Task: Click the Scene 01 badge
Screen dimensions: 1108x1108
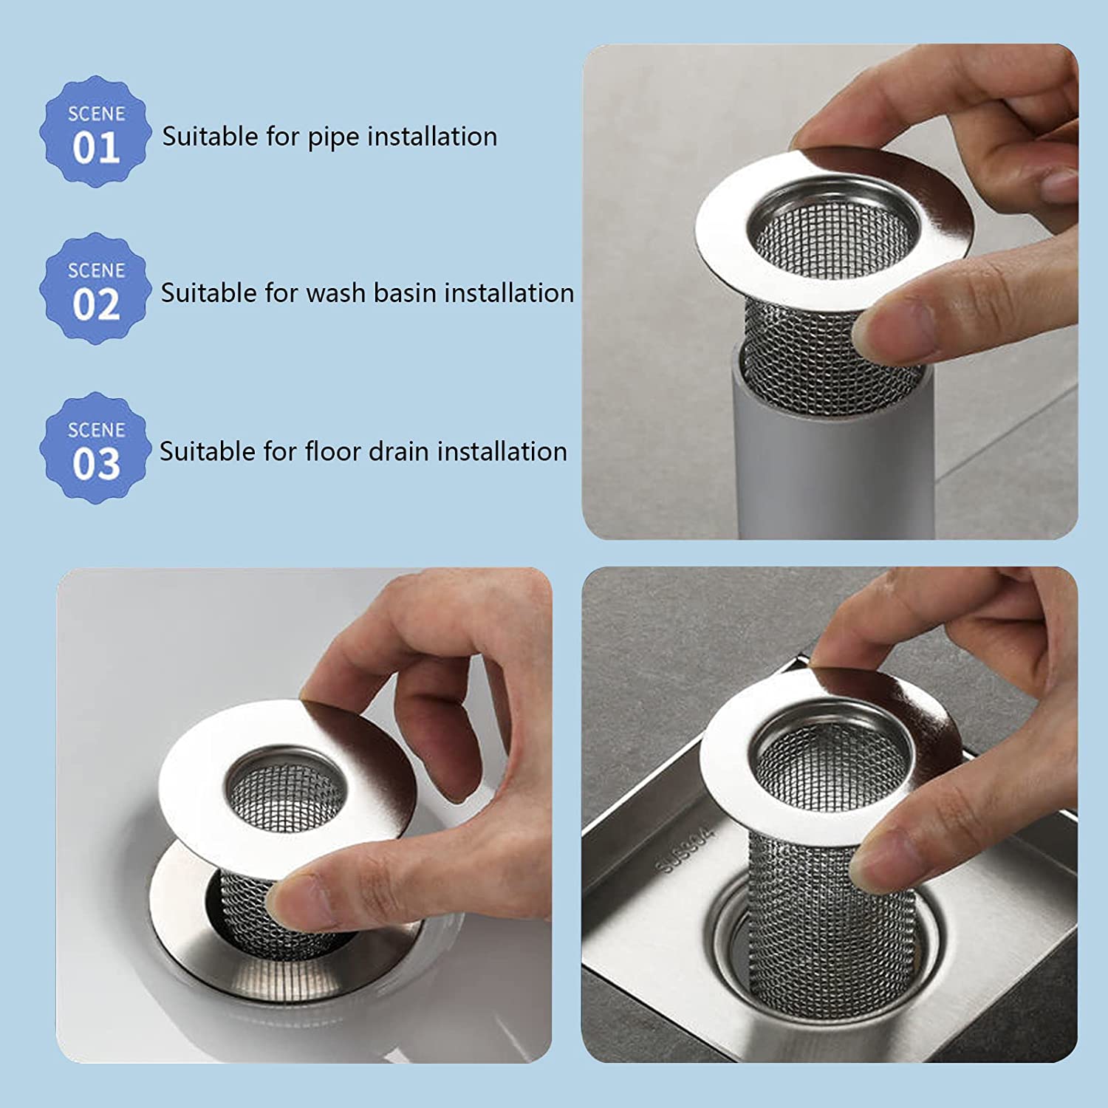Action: click(x=95, y=132)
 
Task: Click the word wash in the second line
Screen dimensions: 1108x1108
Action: click(x=336, y=293)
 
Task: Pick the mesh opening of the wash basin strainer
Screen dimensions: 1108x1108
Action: click(x=284, y=798)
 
